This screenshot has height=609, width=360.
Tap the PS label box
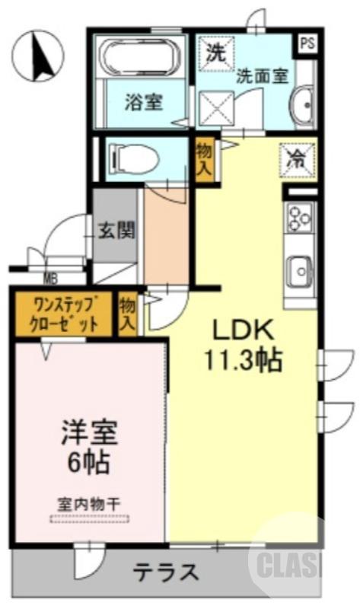[x=307, y=43]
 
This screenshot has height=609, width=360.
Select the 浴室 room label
[x=144, y=101]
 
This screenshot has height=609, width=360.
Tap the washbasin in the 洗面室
[x=302, y=100]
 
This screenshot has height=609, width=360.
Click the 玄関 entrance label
[x=116, y=230]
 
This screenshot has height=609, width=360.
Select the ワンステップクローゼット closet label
[x=65, y=314]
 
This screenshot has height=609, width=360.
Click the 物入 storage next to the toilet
[x=204, y=158]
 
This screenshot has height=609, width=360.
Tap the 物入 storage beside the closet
[x=127, y=314]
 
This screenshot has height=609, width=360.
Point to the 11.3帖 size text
[x=242, y=359]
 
